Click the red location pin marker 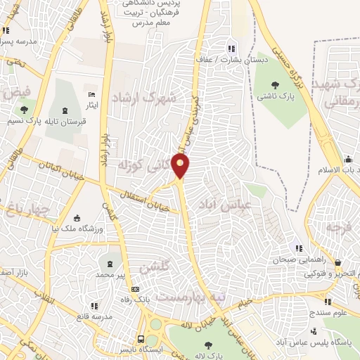(x=181, y=165)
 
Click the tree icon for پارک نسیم (x=25, y=109)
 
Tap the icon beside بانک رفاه (x=136, y=288)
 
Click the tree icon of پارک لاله (x=209, y=345)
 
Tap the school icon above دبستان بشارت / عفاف (x=231, y=49)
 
